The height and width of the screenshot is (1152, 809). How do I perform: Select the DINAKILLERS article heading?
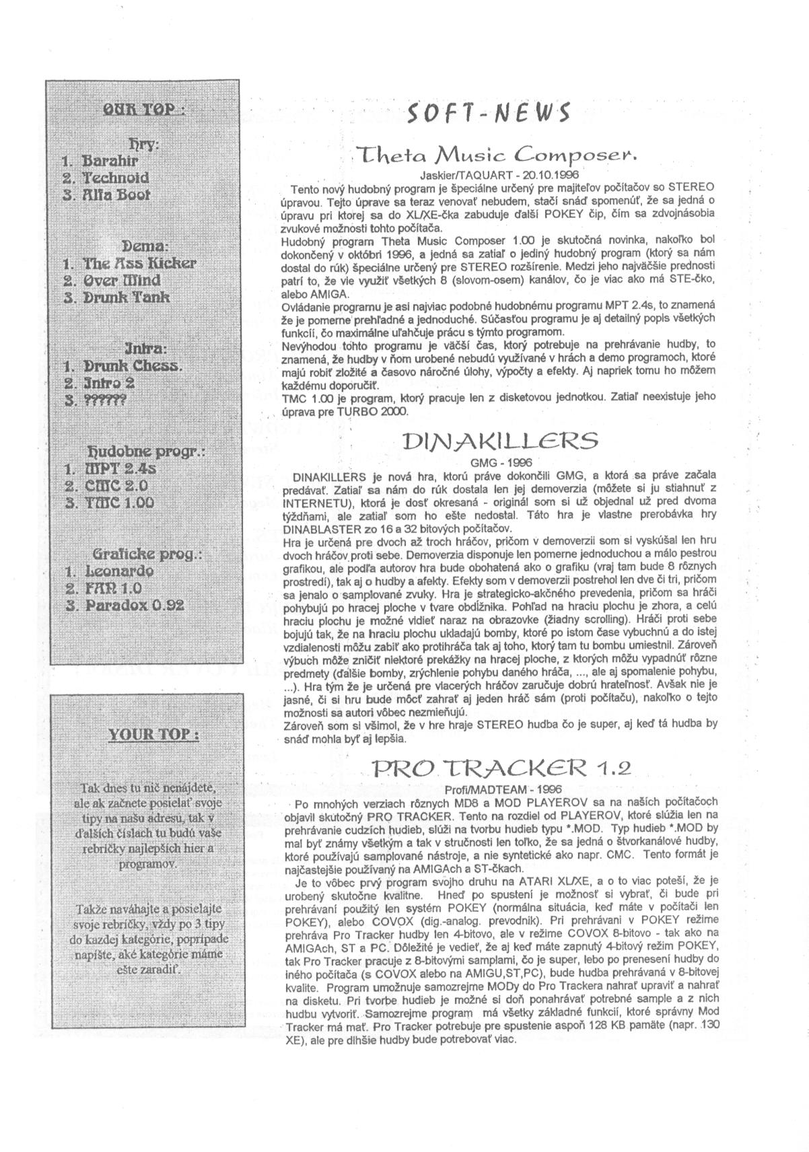coord(499,441)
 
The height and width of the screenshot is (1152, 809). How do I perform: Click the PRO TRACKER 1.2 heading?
coord(501,768)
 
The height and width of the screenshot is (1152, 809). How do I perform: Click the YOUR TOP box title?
coord(154,733)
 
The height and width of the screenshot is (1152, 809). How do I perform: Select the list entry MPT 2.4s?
coord(115,468)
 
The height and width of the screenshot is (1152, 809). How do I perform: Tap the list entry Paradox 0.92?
coord(133,605)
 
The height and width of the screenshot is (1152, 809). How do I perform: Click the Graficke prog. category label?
coord(147,554)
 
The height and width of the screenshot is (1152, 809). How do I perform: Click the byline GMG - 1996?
coord(501,462)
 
